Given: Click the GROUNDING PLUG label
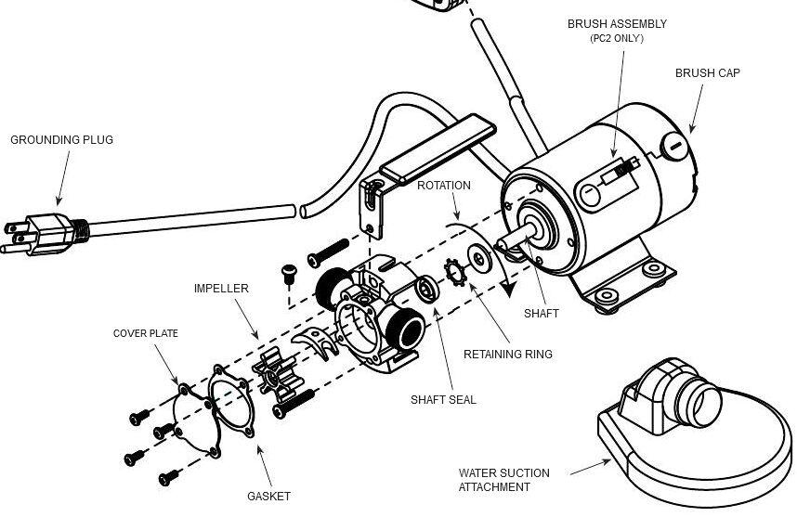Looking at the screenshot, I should pos(61,140).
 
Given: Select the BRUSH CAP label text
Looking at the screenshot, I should pos(707,73).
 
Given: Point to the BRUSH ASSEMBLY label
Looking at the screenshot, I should pos(617,24).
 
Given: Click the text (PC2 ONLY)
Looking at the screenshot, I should pos(617,39).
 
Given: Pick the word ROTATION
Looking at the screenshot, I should pos(443,186).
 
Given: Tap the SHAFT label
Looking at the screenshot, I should pos(541,314).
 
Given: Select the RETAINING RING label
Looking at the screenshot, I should pos(507,354).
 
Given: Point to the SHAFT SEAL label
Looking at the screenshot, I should pos(443,400).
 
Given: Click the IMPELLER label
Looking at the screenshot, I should pos(221,289).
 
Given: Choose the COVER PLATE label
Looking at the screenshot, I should pos(146,333).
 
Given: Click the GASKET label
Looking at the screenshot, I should pos(268,497).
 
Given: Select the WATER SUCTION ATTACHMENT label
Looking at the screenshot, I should pos(503,480).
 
